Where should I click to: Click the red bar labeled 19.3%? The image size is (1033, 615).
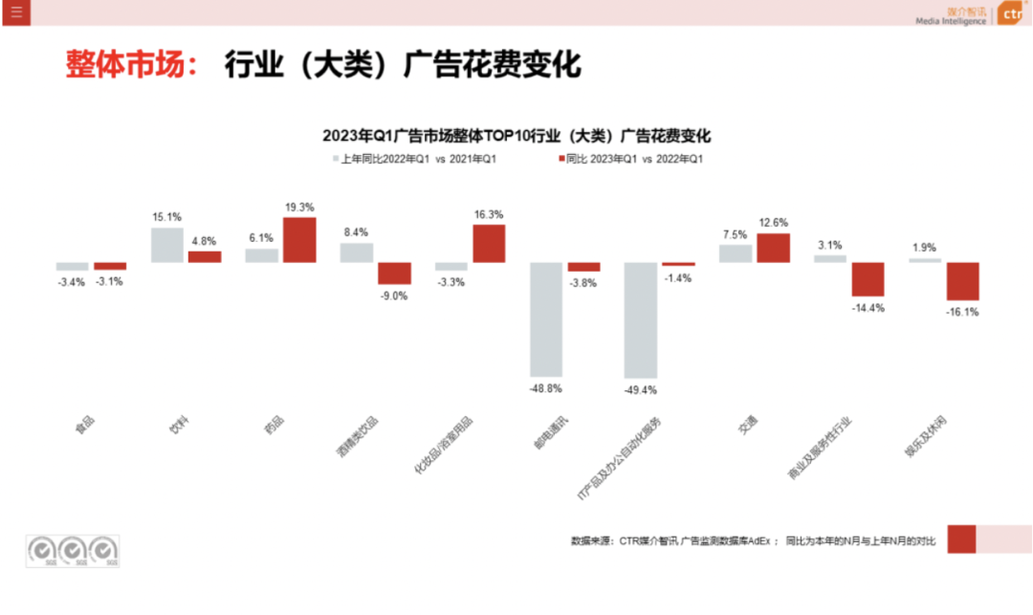click(x=299, y=240)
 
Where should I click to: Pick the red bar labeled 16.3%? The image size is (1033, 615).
click(x=489, y=244)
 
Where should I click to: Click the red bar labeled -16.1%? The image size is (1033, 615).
click(x=963, y=281)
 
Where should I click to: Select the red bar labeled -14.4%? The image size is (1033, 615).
click(x=868, y=279)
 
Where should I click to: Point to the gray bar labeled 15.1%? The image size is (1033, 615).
click(x=166, y=245)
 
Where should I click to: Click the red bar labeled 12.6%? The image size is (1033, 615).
click(x=773, y=248)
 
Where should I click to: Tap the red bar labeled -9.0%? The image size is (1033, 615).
click(x=394, y=273)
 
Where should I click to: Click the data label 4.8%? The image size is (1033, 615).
click(x=204, y=241)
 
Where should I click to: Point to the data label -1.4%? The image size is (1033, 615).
click(x=678, y=277)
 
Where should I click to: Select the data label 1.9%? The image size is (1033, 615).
click(x=925, y=247)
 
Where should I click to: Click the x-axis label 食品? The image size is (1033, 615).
click(x=84, y=425)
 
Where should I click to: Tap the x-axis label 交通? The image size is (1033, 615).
click(x=749, y=425)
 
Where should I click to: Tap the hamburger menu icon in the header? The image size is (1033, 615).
click(x=16, y=12)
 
